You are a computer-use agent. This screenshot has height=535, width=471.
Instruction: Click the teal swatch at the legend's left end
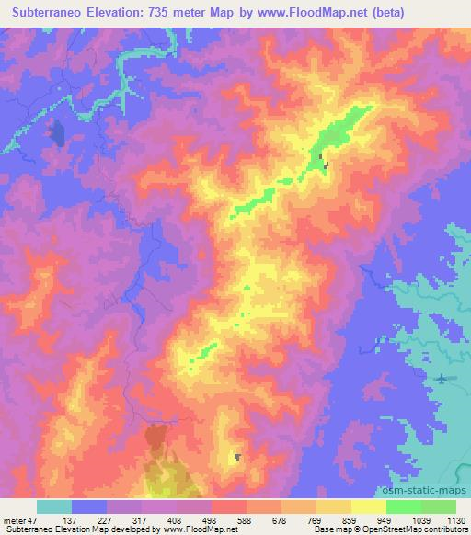pyautogui.click(x=54, y=507)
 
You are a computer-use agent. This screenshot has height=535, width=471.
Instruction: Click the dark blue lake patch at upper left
pyautogui.click(x=57, y=134)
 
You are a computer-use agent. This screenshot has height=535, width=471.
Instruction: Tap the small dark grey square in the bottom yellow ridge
pyautogui.click(x=238, y=457)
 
